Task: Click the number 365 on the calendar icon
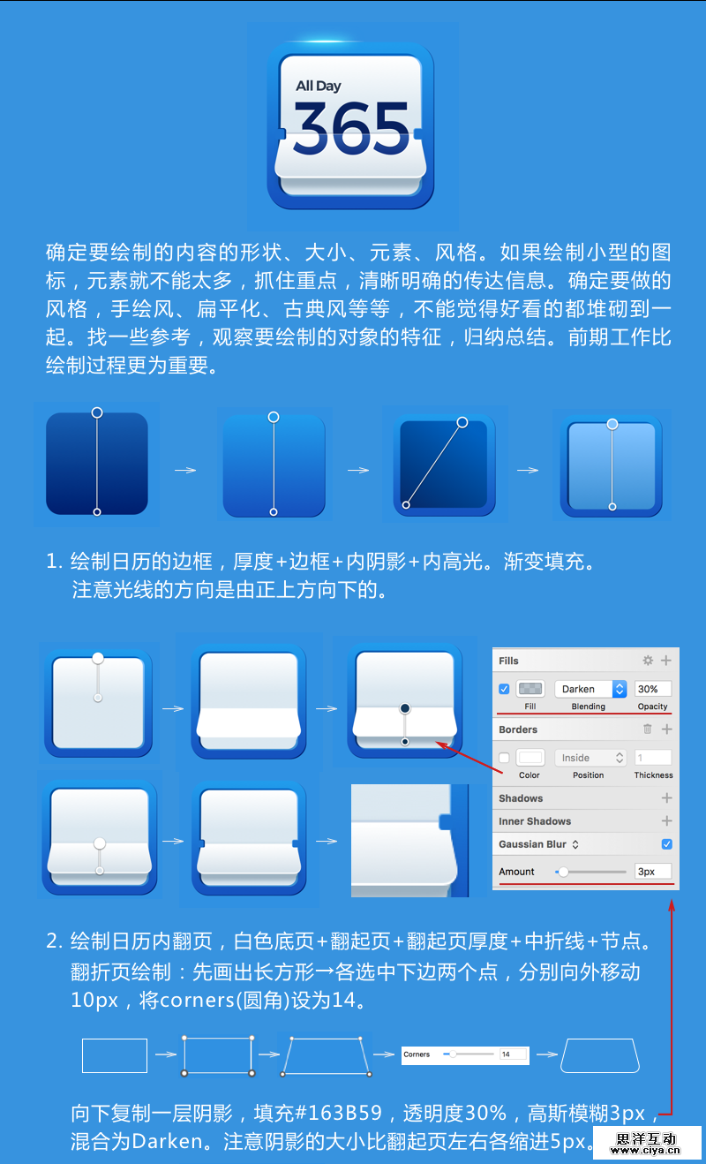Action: (x=351, y=128)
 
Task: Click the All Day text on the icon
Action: (x=319, y=86)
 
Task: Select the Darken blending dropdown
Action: (x=590, y=689)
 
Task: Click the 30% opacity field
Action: (x=652, y=689)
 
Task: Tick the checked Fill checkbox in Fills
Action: (x=504, y=689)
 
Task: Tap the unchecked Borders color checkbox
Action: (x=504, y=758)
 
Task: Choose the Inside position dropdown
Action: (x=590, y=758)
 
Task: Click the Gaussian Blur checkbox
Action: (x=667, y=844)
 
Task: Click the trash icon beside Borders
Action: (x=648, y=729)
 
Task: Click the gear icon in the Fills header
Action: (x=648, y=661)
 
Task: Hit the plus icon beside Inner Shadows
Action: (x=667, y=821)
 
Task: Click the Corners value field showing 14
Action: (x=513, y=1054)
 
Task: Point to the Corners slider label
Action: (x=417, y=1054)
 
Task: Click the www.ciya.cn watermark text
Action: (x=646, y=1151)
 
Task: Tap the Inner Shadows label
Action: (x=535, y=821)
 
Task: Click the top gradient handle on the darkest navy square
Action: (x=97, y=412)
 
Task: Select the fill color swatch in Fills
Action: (x=530, y=689)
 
